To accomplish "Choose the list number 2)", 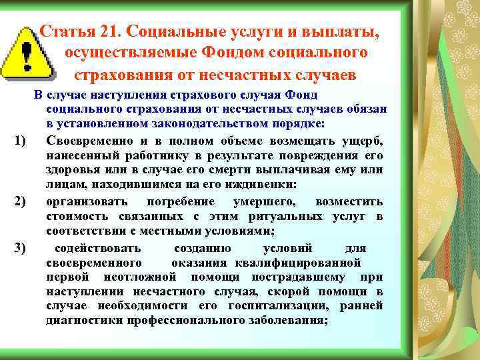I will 19,201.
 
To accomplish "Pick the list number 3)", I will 19,249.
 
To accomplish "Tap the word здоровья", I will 71,171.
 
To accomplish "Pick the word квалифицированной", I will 310,262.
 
